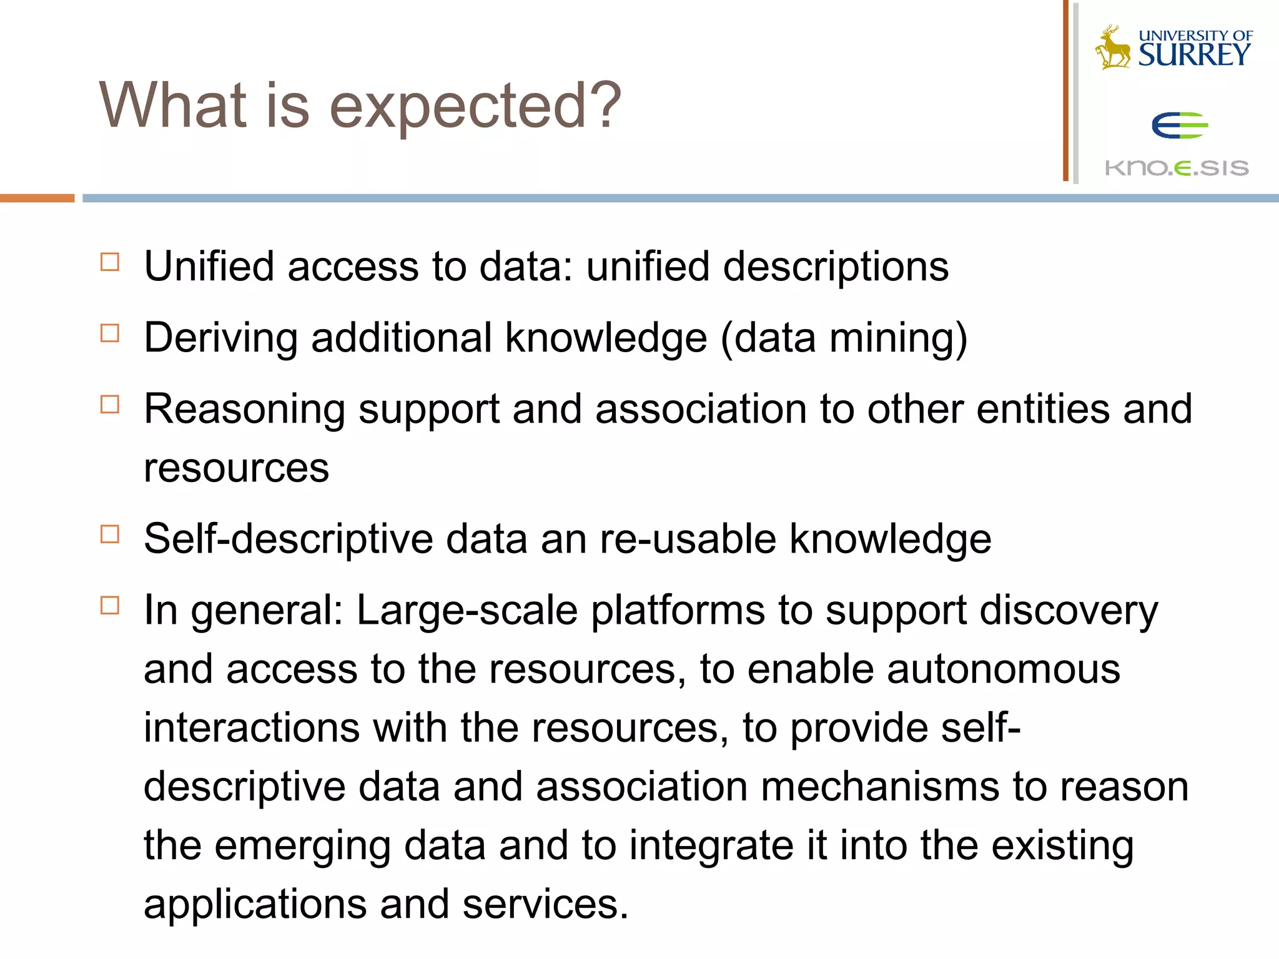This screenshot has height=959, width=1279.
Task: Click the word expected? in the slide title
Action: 475,107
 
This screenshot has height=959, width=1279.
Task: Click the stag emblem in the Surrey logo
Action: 1113,47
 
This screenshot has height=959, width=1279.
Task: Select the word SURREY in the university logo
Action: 1194,55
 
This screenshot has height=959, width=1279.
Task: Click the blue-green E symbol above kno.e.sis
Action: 1179,125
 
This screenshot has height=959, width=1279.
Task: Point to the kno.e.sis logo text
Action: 1177,168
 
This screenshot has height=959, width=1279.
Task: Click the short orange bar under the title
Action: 37,198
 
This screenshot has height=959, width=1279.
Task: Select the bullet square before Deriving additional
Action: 110,333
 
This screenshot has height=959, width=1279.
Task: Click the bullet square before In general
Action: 110,605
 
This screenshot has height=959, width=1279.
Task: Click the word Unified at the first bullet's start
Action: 209,267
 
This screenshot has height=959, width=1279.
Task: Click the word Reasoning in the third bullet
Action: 244,410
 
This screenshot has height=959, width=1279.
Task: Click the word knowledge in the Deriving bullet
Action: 606,338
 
